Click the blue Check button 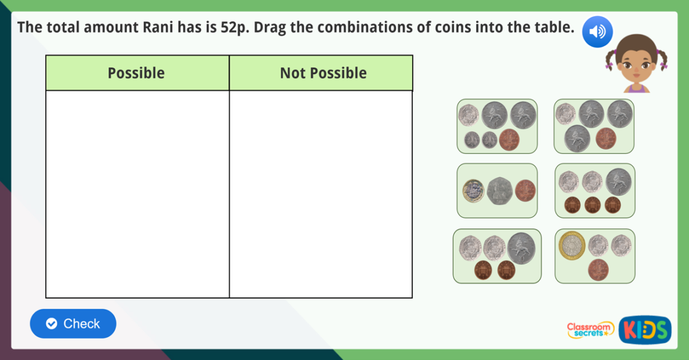point(73,324)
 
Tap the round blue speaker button point(597,31)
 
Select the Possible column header point(136,73)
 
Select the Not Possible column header point(323,73)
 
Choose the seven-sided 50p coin point(500,190)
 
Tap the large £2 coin point(572,246)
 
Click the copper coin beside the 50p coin point(526,190)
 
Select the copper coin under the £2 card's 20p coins point(598,269)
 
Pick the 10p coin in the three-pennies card point(618,181)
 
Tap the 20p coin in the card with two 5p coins point(468,115)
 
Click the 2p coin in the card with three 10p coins point(605,137)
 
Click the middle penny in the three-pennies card point(593,205)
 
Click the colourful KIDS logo point(644,329)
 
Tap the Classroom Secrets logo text point(590,329)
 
